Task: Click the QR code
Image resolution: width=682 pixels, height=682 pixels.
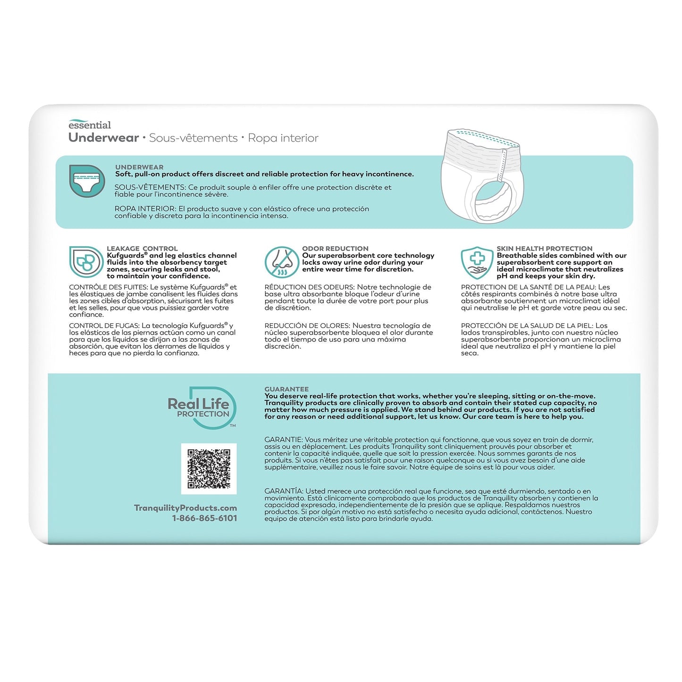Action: point(209,469)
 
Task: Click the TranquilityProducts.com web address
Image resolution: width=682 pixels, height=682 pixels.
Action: point(185,508)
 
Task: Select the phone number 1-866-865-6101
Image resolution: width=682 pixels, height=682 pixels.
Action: point(204,518)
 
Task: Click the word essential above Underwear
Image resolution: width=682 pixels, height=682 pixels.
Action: point(90,125)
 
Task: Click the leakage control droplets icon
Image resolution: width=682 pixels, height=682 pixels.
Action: point(85,262)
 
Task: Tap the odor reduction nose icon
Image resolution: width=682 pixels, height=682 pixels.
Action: point(281,262)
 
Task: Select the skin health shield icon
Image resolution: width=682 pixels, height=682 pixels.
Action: point(477,262)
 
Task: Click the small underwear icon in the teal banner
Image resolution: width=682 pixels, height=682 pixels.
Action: point(87,181)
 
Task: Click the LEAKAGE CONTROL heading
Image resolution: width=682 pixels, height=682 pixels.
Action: point(142,248)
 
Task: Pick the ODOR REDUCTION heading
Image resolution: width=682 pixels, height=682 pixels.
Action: point(335,248)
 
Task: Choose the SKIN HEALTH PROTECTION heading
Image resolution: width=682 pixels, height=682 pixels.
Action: point(544,248)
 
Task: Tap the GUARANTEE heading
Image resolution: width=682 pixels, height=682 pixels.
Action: point(286,389)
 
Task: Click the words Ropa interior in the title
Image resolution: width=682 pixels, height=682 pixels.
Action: point(283,138)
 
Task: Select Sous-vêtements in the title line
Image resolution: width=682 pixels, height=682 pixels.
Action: point(193,138)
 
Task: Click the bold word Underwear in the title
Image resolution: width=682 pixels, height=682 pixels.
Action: point(103,138)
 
